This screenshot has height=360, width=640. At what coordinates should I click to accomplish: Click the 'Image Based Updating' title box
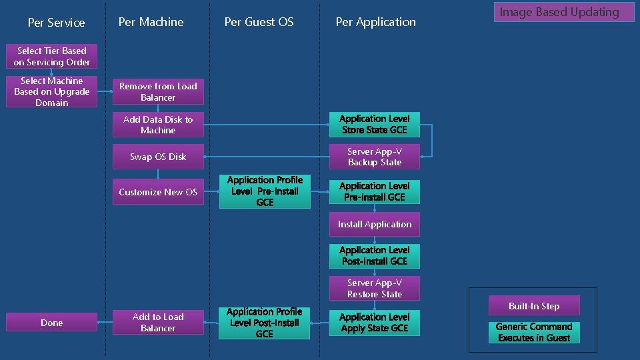[x=563, y=12]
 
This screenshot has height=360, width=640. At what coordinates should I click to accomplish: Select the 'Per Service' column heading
[x=56, y=23]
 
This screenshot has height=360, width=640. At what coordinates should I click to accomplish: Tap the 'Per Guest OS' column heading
[x=259, y=22]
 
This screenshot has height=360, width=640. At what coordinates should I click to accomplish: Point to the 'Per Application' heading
[x=375, y=22]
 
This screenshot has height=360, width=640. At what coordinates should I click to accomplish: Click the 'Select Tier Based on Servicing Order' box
[x=51, y=57]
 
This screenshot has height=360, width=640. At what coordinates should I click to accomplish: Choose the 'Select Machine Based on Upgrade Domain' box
[x=51, y=92]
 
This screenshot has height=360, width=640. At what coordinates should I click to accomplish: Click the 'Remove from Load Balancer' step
[x=158, y=92]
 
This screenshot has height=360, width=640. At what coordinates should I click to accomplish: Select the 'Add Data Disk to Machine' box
[x=158, y=125]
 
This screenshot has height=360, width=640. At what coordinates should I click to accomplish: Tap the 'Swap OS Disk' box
[x=158, y=157]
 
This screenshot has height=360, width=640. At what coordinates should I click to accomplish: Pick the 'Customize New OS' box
[x=158, y=192]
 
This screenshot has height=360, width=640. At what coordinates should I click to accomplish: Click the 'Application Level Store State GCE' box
[x=374, y=124]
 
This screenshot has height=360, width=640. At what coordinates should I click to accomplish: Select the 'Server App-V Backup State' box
[x=374, y=157]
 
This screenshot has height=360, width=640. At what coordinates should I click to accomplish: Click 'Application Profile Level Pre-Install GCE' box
[x=265, y=191]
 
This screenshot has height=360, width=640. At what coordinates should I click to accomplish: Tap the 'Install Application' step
[x=374, y=224]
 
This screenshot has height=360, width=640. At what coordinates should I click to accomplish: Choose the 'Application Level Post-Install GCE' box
[x=374, y=255]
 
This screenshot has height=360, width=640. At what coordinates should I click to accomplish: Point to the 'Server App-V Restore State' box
[x=374, y=289]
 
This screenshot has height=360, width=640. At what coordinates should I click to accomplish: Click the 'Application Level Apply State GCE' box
[x=374, y=323]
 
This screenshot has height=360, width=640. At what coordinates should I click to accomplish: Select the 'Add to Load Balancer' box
[x=158, y=323]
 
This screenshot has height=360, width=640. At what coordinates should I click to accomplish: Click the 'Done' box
[x=51, y=323]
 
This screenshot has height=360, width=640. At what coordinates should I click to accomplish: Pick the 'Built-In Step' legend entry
[x=534, y=306]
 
